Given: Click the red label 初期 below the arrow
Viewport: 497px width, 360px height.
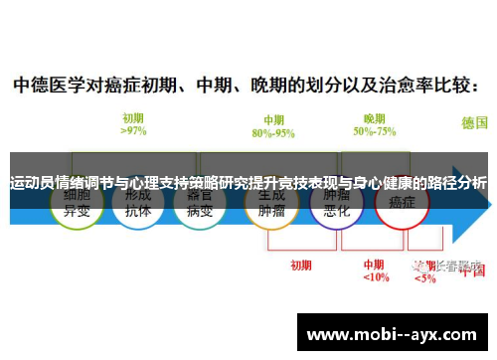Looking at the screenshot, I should (300, 238).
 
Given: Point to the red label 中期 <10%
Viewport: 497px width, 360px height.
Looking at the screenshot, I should (375, 244).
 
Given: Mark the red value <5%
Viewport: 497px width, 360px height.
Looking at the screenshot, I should (424, 251).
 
